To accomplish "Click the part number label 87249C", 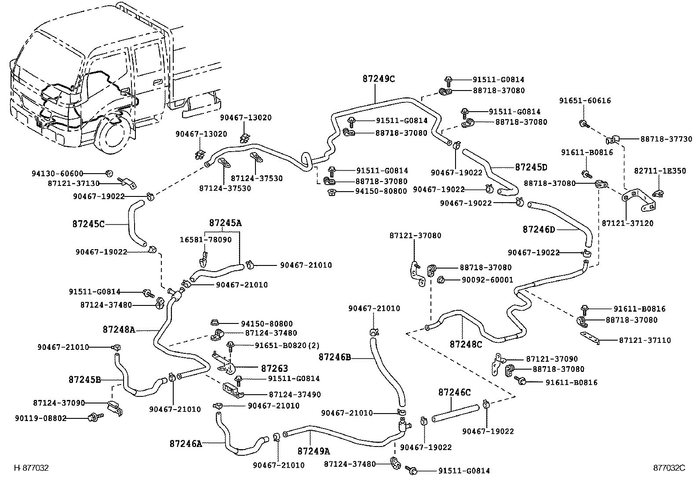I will pos(379,79).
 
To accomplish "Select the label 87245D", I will pos(531,167).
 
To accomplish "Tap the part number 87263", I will pos(274,368).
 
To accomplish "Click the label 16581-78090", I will pos(205,240).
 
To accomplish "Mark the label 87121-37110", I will pos(645,340).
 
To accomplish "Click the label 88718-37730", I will pos(666,139).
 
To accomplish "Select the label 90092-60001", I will pos(487,280).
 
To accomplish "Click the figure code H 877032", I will pos(31,468).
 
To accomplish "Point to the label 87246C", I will pos(454,392).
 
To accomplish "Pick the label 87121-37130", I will pos(73,183).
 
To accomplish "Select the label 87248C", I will pos(466,344).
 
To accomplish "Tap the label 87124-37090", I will pos(59,403).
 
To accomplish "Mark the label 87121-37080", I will pos(415,236).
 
